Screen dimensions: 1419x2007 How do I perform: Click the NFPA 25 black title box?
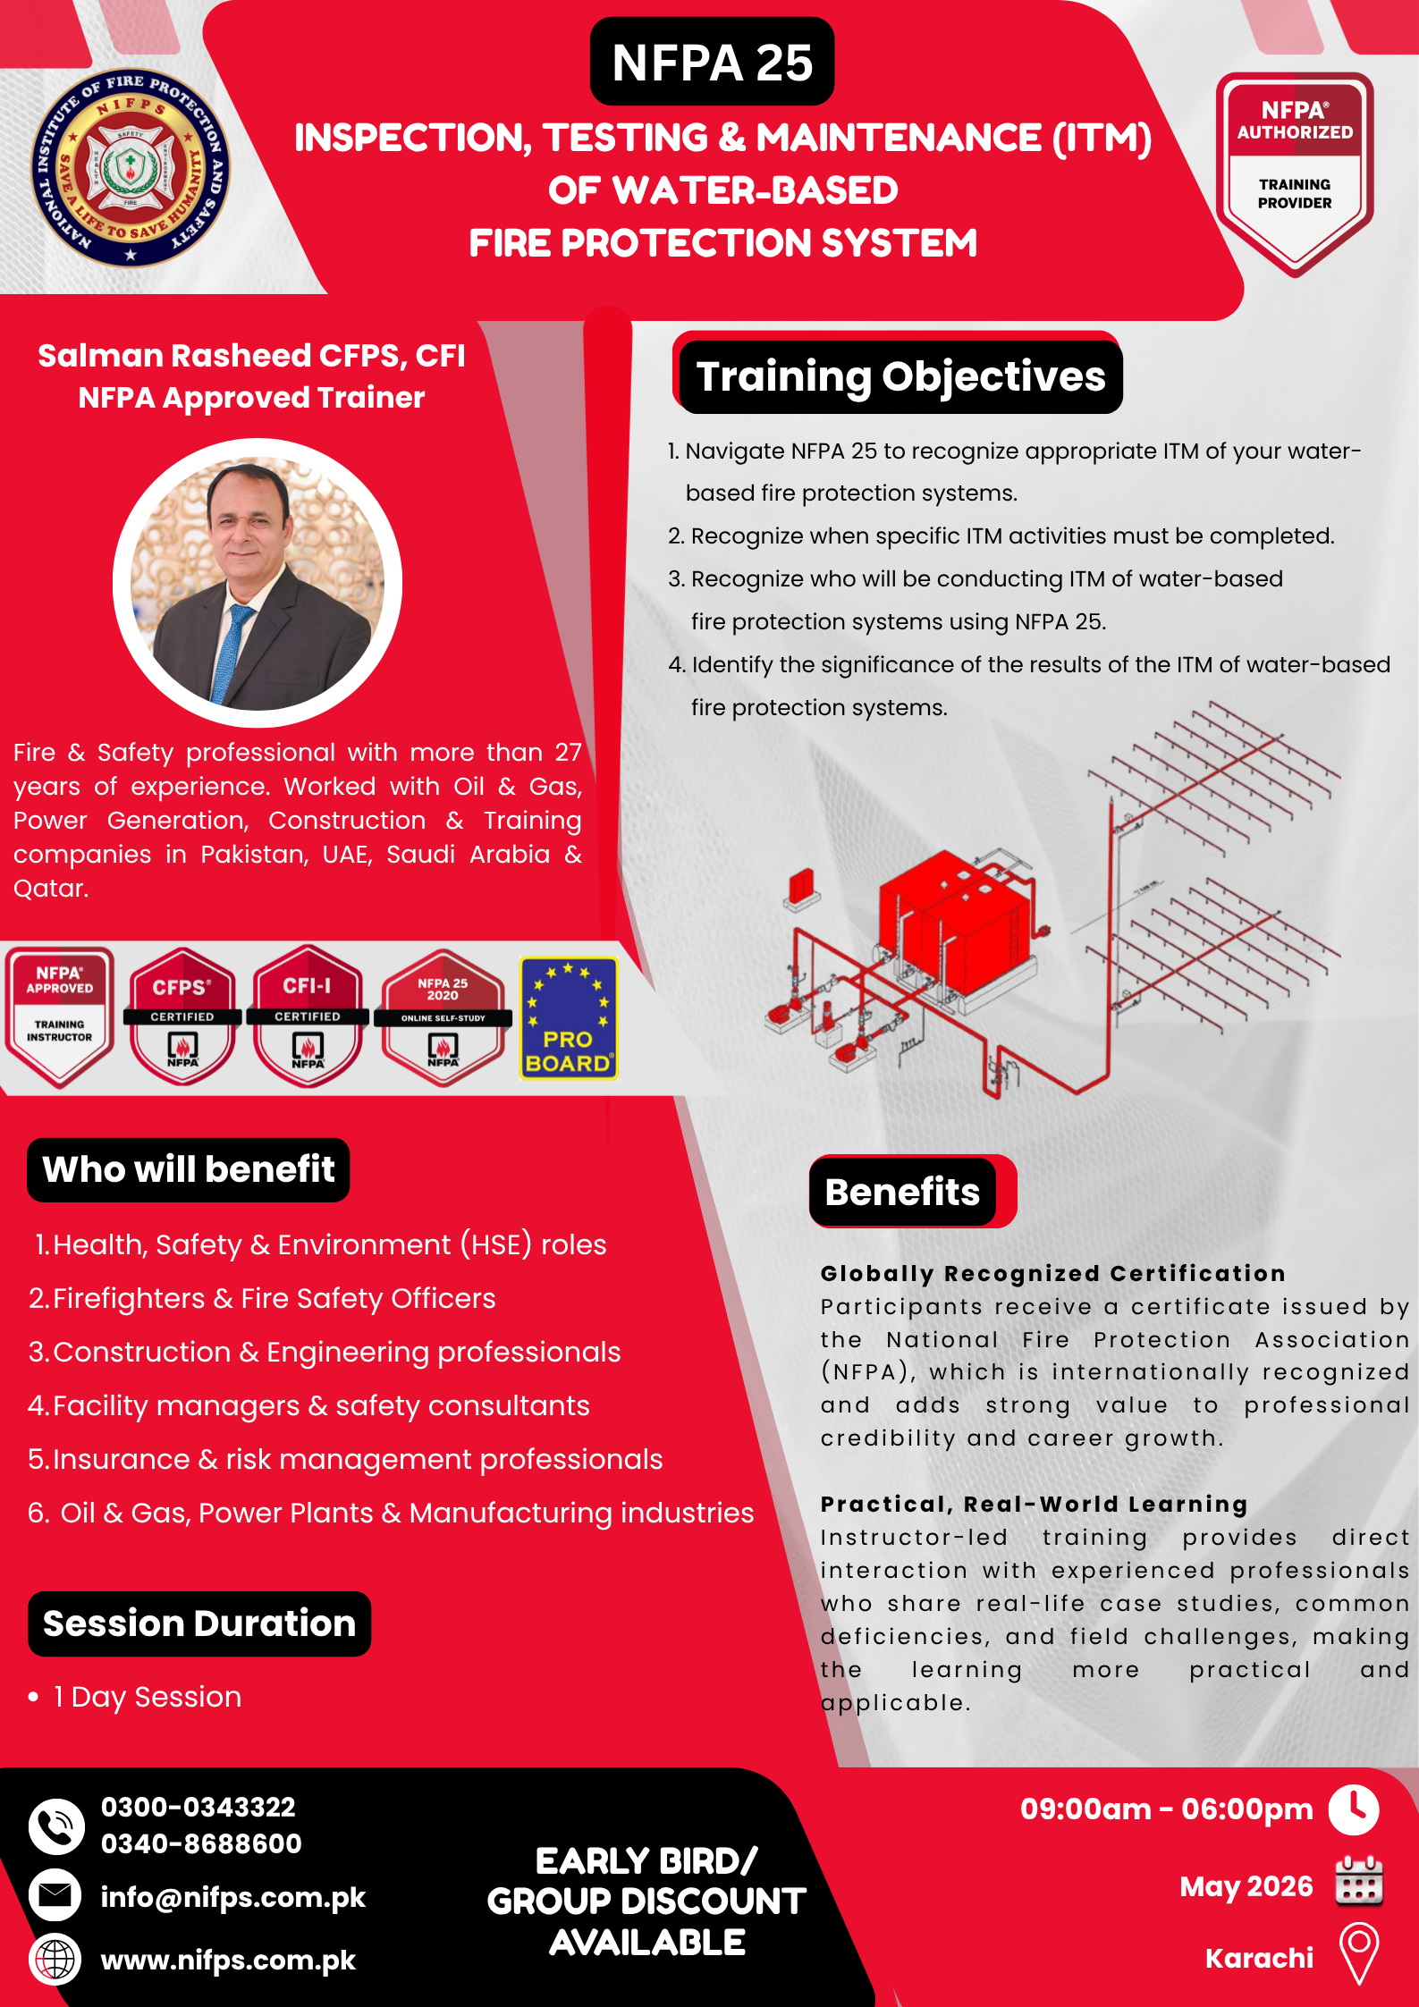click(712, 62)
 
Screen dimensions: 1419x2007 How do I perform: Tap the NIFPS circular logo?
click(131, 167)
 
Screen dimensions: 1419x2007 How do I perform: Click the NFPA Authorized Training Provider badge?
click(1295, 173)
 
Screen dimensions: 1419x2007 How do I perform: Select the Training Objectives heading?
click(900, 376)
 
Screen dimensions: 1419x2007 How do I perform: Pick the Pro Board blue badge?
click(569, 1017)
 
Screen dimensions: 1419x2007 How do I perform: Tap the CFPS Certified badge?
click(182, 1016)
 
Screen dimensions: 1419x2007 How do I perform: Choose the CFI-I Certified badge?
click(308, 1016)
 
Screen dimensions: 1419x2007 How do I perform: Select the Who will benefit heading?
click(189, 1169)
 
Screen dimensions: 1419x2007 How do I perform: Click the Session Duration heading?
click(199, 1623)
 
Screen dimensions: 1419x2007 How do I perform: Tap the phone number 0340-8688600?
click(201, 1843)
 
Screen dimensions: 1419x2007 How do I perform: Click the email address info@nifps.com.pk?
click(233, 1897)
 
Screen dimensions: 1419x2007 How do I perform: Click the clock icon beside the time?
click(1354, 1809)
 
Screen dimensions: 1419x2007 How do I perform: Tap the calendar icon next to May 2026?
click(1359, 1882)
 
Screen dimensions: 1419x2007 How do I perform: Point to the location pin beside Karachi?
click(1359, 1954)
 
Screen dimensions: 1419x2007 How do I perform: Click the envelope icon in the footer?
click(55, 1895)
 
